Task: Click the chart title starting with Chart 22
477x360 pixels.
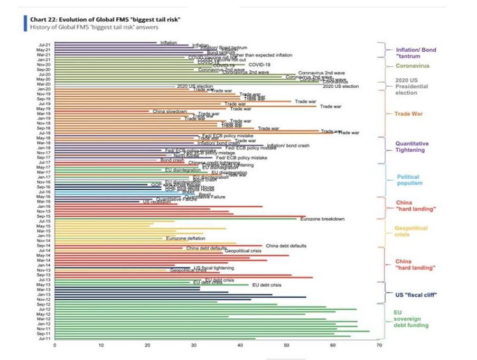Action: [x=106, y=20]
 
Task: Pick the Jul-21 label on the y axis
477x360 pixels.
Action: [x=44, y=45]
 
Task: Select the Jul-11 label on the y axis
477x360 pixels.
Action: [x=44, y=338]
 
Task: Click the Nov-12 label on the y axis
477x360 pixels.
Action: [x=44, y=299]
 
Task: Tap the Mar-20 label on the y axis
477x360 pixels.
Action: [x=44, y=84]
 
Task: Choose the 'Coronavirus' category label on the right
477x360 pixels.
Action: [x=413, y=66]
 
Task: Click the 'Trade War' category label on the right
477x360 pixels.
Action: [x=409, y=114]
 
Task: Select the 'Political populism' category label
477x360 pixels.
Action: [x=408, y=180]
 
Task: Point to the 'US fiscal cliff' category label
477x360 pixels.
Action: [x=416, y=294]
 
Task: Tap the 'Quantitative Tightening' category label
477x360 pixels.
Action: [x=412, y=147]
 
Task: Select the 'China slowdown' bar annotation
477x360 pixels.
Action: [x=170, y=112]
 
